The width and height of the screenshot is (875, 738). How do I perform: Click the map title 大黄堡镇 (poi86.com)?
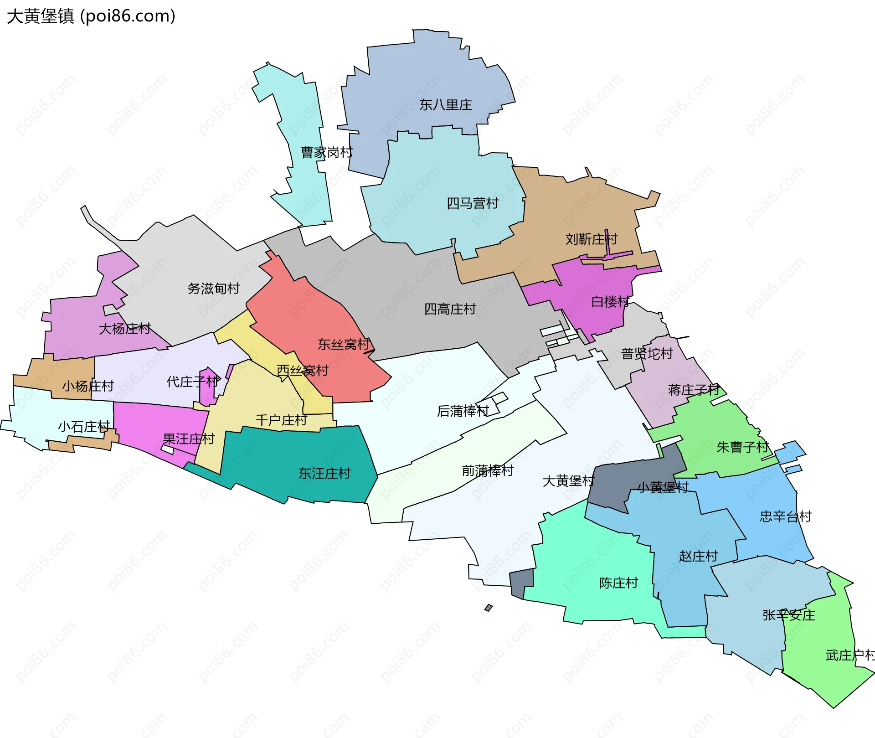91,16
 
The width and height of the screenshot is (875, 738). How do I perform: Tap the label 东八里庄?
445,105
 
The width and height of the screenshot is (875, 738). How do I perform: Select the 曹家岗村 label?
326,152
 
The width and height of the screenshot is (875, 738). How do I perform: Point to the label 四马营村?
472,203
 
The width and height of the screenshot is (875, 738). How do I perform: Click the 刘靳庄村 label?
591,239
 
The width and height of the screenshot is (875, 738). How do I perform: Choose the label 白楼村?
610,302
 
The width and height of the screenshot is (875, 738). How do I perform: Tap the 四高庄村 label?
450,309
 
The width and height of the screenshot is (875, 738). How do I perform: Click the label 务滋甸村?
213,289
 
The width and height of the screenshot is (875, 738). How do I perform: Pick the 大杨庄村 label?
124,329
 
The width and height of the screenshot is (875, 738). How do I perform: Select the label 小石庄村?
83,427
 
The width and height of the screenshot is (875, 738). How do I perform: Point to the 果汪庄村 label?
189,439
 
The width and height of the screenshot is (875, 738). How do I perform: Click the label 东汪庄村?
324,474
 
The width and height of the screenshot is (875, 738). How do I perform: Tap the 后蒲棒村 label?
463,411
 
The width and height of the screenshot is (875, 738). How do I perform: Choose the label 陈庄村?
618,583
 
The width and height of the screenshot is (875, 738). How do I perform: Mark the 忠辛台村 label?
785,516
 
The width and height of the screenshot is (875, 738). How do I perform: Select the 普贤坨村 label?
647,354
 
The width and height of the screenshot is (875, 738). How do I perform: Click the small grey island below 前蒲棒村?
489,608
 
